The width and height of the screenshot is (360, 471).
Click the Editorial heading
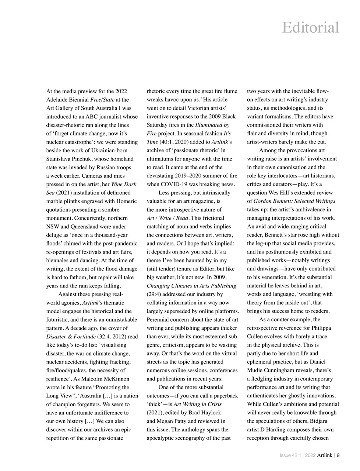click(310, 28)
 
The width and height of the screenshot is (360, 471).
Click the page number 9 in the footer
click(338, 455)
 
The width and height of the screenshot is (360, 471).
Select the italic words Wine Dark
click(124, 184)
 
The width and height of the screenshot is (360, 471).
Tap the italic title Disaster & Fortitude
click(70, 337)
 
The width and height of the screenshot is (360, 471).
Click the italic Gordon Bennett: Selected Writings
click(294, 201)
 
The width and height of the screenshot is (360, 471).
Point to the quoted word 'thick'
click(155, 404)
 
